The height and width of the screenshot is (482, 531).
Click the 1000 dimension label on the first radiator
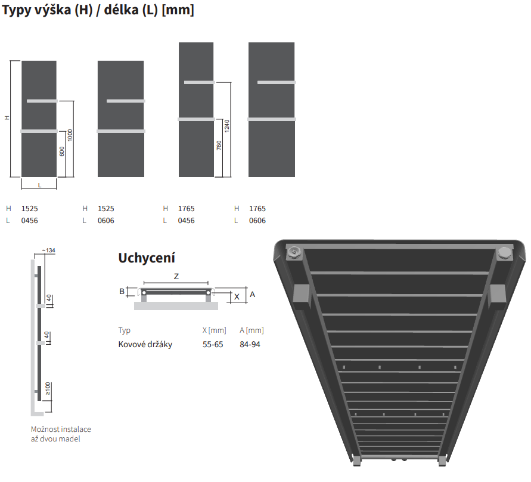pos(70,135)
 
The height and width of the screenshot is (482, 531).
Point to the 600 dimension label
pos(61,151)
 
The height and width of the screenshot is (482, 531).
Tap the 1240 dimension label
pos(227,126)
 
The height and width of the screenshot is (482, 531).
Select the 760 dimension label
pos(219,145)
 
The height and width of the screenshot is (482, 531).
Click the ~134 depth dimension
pos(48,251)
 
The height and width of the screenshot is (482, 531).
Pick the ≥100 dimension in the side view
pos(48,389)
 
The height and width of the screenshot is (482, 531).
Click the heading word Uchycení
pos(147,258)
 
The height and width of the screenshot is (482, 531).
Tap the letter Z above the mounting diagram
pos(176,277)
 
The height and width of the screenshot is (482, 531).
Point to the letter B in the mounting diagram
pos(122,291)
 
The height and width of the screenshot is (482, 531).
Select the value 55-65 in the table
pos(213,344)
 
